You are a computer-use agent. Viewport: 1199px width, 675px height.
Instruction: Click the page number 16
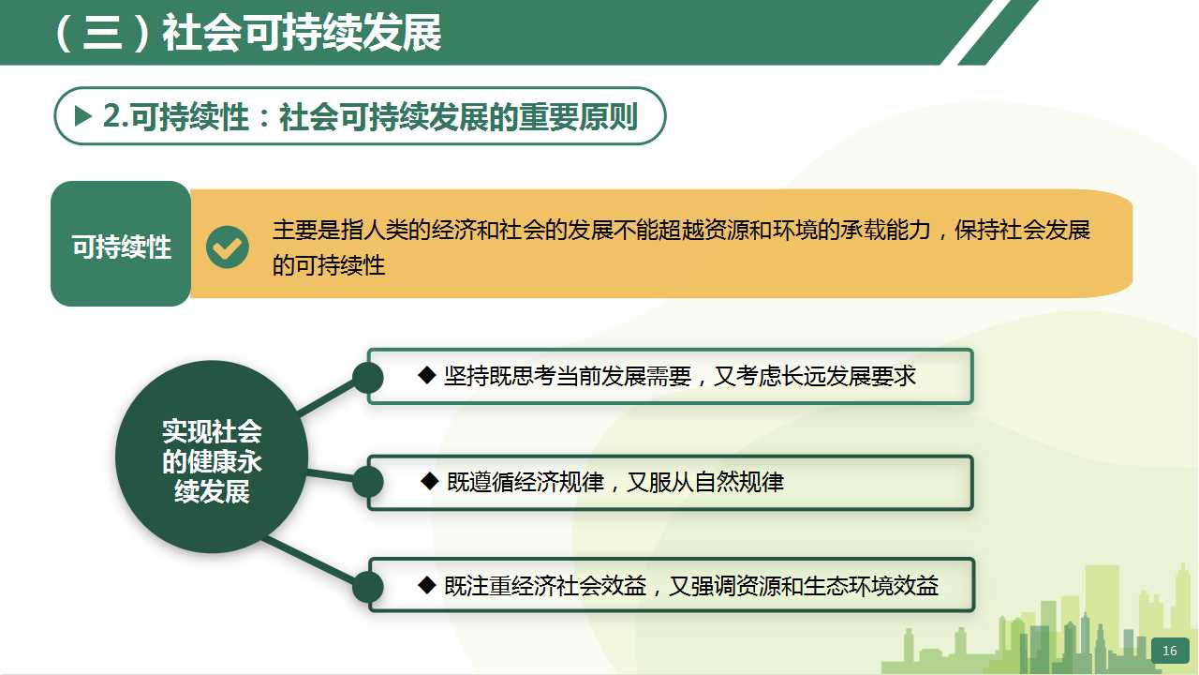point(1169,651)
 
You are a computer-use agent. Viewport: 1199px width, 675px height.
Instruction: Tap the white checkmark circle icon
point(228,247)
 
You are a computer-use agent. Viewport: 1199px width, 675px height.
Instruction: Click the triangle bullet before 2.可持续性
point(83,115)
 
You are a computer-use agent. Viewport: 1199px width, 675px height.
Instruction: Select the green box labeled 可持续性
point(121,244)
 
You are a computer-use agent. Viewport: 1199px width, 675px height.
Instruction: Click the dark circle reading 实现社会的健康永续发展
point(212,457)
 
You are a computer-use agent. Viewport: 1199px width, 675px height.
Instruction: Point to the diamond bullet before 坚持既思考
point(426,375)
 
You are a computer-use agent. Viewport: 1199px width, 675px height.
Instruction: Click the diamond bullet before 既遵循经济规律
point(430,481)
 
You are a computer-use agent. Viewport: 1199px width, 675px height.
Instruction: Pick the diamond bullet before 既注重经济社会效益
point(426,585)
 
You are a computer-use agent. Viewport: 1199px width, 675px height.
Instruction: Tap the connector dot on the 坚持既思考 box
point(368,378)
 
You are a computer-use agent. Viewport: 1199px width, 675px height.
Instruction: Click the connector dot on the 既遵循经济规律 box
point(368,481)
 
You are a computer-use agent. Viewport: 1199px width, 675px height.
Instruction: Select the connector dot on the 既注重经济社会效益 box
point(368,586)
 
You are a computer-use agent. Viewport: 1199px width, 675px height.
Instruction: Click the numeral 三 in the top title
point(102,33)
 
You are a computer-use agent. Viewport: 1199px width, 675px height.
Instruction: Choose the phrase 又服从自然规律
point(705,482)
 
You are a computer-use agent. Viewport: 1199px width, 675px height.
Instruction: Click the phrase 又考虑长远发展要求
point(815,376)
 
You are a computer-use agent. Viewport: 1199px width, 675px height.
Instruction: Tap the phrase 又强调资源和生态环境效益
point(804,586)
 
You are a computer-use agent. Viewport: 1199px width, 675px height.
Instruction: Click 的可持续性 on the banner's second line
point(329,265)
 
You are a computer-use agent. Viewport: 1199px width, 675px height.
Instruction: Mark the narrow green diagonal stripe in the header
point(999,32)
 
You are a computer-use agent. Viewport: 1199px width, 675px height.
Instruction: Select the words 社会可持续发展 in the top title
point(302,33)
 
